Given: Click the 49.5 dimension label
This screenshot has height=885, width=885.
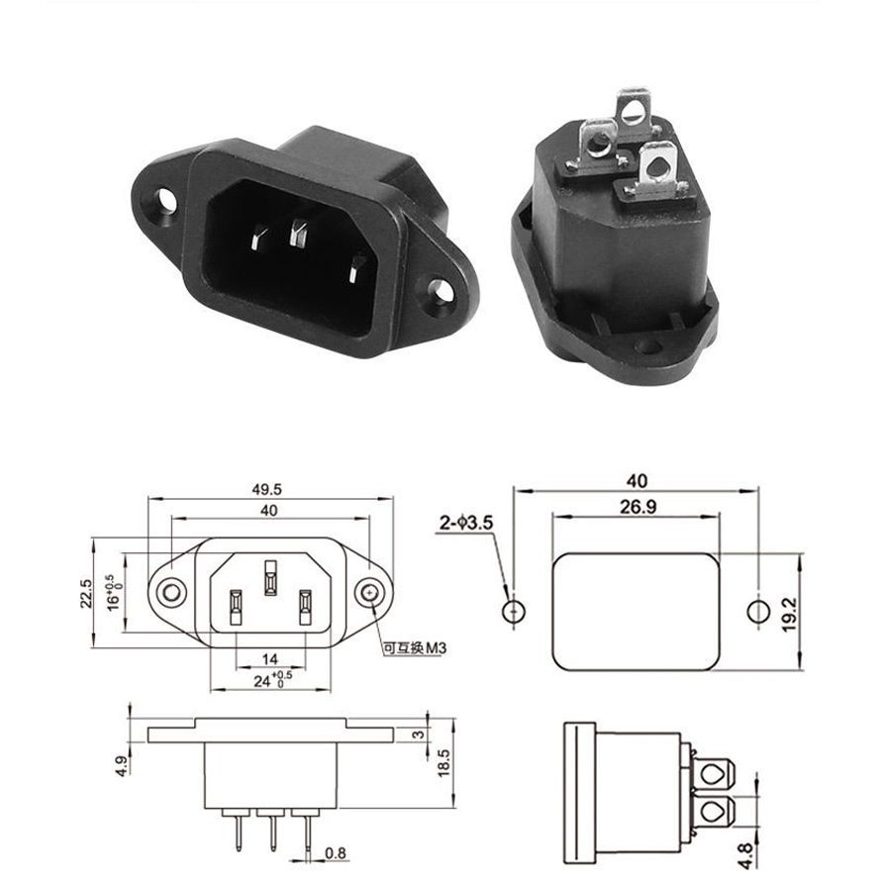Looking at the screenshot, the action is (266, 489).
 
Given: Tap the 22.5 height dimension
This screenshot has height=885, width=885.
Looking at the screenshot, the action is (86, 593).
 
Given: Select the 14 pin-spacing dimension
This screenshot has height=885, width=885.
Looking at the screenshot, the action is (270, 658).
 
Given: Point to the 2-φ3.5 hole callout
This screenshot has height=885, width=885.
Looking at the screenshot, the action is (466, 523).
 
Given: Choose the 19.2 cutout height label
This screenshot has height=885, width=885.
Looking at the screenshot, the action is (789, 615).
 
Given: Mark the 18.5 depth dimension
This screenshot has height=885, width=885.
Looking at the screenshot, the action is (443, 762).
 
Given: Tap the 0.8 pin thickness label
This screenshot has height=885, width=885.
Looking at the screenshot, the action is (336, 853).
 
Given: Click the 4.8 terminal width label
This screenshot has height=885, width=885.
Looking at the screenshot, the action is (745, 856).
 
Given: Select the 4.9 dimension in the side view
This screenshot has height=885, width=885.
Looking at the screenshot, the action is (123, 766).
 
